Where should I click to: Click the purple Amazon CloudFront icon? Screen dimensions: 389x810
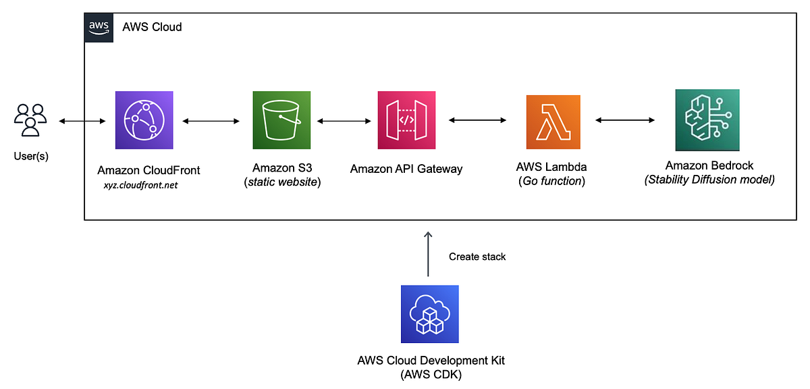tap(144, 120)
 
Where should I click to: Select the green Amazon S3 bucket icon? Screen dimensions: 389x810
tap(281, 120)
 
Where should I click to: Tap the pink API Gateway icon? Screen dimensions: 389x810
tap(406, 120)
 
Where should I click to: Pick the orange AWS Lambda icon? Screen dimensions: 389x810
tap(553, 121)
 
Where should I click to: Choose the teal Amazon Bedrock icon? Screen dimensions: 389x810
tap(707, 120)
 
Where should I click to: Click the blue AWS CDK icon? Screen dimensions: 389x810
tap(429, 314)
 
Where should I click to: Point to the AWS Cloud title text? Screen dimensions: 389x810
tap(152, 28)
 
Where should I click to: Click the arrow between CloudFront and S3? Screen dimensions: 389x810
tap(211, 122)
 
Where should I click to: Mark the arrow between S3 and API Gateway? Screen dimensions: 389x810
tap(344, 122)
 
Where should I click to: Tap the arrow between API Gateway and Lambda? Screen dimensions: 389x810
tap(477, 121)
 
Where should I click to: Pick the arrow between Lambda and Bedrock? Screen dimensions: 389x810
tap(624, 121)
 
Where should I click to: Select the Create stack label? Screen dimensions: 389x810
tap(477, 257)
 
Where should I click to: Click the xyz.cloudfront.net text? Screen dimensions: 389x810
tap(140, 185)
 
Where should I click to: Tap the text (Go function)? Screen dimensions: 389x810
tap(553, 180)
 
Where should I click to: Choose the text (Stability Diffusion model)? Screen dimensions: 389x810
tap(709, 179)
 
